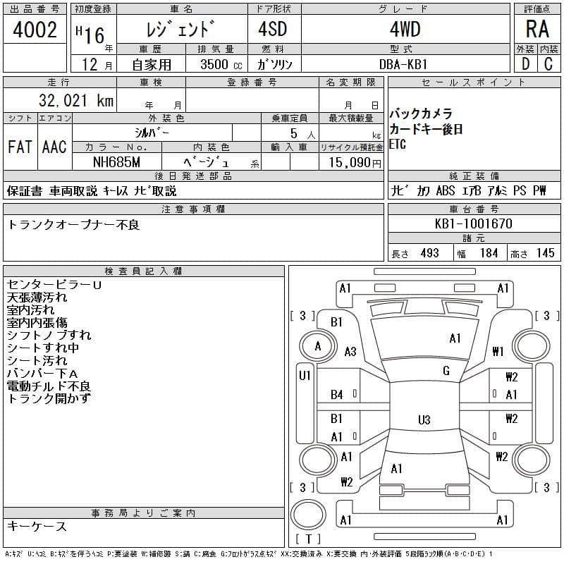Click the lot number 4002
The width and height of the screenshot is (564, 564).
click(x=35, y=30)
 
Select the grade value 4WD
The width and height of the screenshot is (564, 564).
click(x=405, y=29)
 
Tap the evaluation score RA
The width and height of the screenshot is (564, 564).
click(x=537, y=29)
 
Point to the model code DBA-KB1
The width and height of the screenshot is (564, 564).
click(x=403, y=64)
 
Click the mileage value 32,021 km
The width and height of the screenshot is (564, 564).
click(x=76, y=100)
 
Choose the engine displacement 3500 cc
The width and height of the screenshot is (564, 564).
click(x=221, y=64)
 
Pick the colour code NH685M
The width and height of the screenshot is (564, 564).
click(x=116, y=162)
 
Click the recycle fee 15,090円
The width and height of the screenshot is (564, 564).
click(x=355, y=163)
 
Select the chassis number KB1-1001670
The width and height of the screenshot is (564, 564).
click(x=473, y=223)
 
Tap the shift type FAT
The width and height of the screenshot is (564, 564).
click(x=20, y=147)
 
